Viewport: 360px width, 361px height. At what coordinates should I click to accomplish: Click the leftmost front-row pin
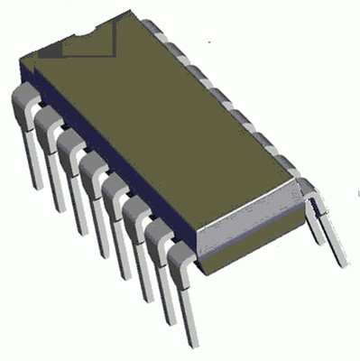coord(26,135)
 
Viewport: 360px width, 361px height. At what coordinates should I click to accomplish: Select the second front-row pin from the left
coord(50,158)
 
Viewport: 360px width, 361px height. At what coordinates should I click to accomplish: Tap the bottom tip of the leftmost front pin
coord(33,185)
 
